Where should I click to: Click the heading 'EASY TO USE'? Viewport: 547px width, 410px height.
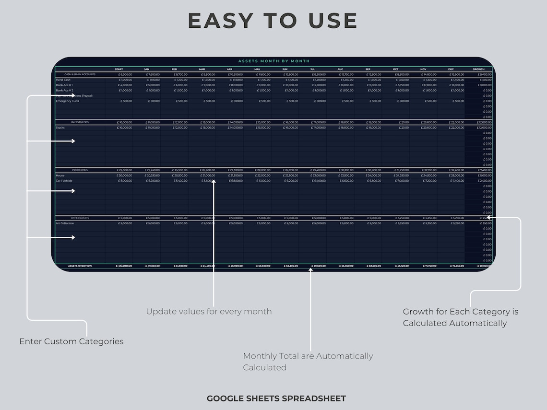point(273,21)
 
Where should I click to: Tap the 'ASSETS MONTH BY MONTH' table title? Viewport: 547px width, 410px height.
point(274,61)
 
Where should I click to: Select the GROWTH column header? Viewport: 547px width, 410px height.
point(478,70)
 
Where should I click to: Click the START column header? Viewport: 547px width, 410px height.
point(119,70)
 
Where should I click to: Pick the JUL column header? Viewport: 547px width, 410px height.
point(312,70)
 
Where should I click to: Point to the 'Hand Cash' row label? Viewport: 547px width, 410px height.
point(63,80)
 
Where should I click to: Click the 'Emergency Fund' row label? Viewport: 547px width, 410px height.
point(67,101)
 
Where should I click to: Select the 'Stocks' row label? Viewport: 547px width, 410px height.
point(60,128)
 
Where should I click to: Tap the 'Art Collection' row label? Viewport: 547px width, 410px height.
point(65,223)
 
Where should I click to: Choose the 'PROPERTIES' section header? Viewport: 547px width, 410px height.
point(80,170)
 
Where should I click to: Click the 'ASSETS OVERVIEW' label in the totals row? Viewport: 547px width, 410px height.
point(80,266)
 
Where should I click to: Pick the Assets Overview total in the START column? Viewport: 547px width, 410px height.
point(124,266)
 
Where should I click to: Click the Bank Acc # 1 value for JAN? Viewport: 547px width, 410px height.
point(152,85)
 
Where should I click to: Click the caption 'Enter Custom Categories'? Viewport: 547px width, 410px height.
point(71,341)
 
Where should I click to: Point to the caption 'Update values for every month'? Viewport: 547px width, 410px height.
point(209,312)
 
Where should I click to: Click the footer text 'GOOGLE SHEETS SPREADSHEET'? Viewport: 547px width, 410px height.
point(276,398)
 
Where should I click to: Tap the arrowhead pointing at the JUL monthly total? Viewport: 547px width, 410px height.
point(310,270)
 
